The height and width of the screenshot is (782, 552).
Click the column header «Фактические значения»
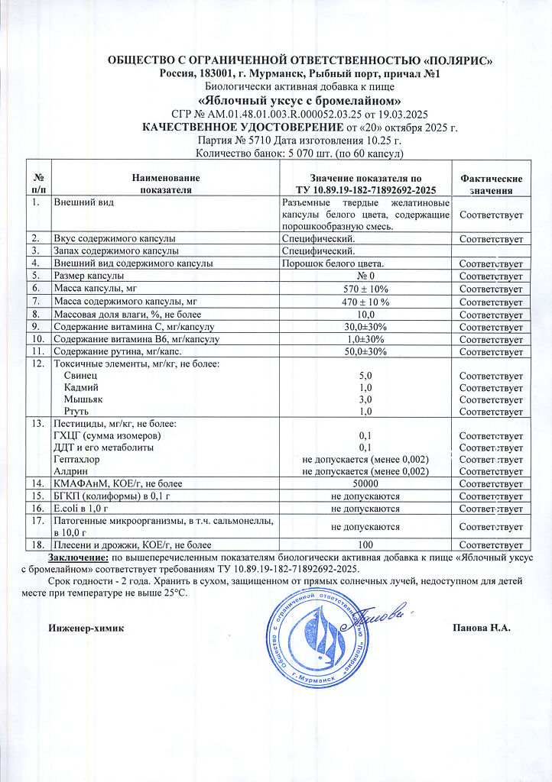click(492, 183)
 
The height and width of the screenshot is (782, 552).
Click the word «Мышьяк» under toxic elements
click(83, 399)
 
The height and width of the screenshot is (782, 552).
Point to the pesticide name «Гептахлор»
click(77, 459)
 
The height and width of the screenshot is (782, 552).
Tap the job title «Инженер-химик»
click(85, 628)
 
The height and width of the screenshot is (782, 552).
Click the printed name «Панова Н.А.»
click(482, 628)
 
